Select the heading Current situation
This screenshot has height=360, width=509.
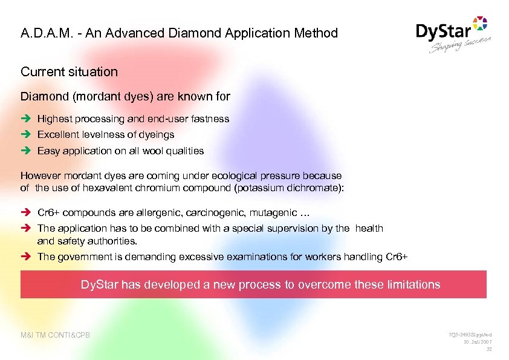69,71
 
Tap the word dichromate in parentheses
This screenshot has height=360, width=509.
315,188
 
